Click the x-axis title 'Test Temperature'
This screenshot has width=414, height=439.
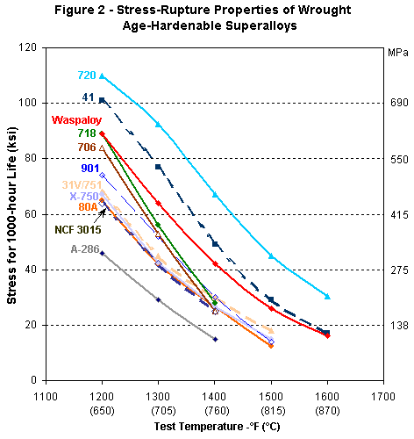(x=215, y=426)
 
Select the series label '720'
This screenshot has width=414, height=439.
(x=86, y=76)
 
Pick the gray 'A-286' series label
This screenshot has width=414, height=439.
(x=85, y=248)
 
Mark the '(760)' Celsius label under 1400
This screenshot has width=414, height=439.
(x=215, y=409)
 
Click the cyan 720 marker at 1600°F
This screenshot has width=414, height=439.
(x=327, y=297)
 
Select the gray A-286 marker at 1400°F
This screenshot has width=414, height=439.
(x=215, y=339)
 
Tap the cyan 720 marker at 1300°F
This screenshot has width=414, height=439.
(x=159, y=125)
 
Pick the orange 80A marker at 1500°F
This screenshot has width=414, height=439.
(x=271, y=346)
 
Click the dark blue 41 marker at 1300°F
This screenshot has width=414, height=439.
(x=159, y=167)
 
